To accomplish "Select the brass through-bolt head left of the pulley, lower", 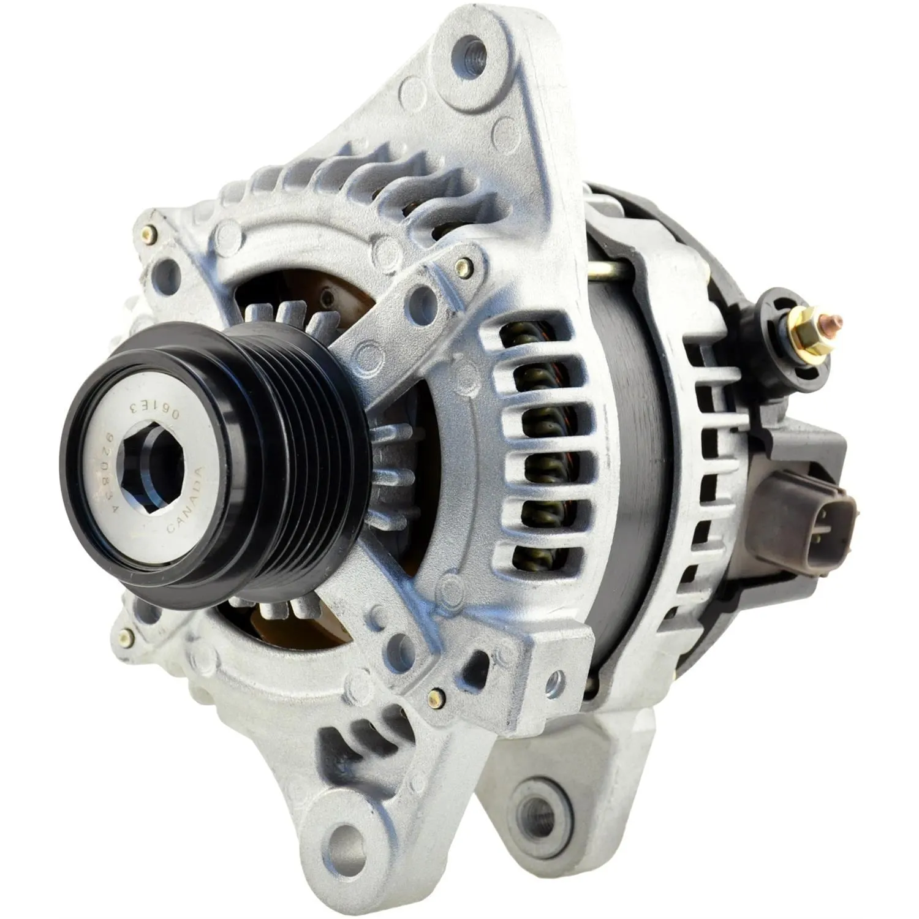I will [x=127, y=637].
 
